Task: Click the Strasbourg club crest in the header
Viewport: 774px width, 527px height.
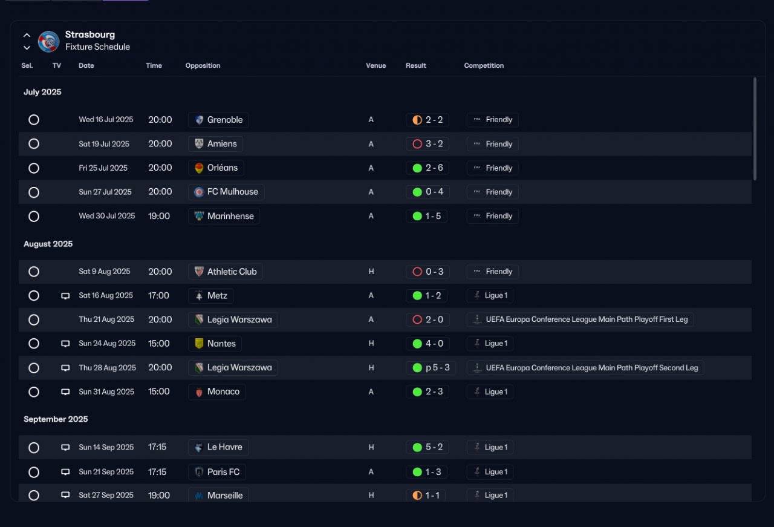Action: (x=48, y=42)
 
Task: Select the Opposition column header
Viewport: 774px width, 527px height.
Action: (x=203, y=65)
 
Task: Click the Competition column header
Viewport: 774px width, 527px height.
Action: (x=484, y=65)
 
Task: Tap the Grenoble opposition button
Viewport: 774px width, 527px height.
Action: (x=218, y=120)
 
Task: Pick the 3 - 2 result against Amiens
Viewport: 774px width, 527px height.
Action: (x=428, y=144)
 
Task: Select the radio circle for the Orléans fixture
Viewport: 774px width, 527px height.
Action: (x=33, y=168)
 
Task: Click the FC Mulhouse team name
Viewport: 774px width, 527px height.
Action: (x=233, y=192)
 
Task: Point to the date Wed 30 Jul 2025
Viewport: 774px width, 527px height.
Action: (x=107, y=216)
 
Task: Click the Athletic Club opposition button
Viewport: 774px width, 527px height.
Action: (x=226, y=272)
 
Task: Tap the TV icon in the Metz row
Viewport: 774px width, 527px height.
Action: (x=65, y=296)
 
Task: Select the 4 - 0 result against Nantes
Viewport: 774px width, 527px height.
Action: (x=428, y=344)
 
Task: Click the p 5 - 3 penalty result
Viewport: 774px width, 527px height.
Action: (x=431, y=368)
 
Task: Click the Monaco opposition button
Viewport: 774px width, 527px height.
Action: (x=217, y=392)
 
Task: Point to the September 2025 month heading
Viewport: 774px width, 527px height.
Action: (x=56, y=419)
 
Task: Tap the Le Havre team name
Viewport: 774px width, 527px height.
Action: (x=224, y=447)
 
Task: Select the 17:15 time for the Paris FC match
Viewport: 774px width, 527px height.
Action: (x=157, y=472)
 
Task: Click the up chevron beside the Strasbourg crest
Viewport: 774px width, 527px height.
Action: (x=27, y=35)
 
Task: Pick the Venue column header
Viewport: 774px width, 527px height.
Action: (x=376, y=65)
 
